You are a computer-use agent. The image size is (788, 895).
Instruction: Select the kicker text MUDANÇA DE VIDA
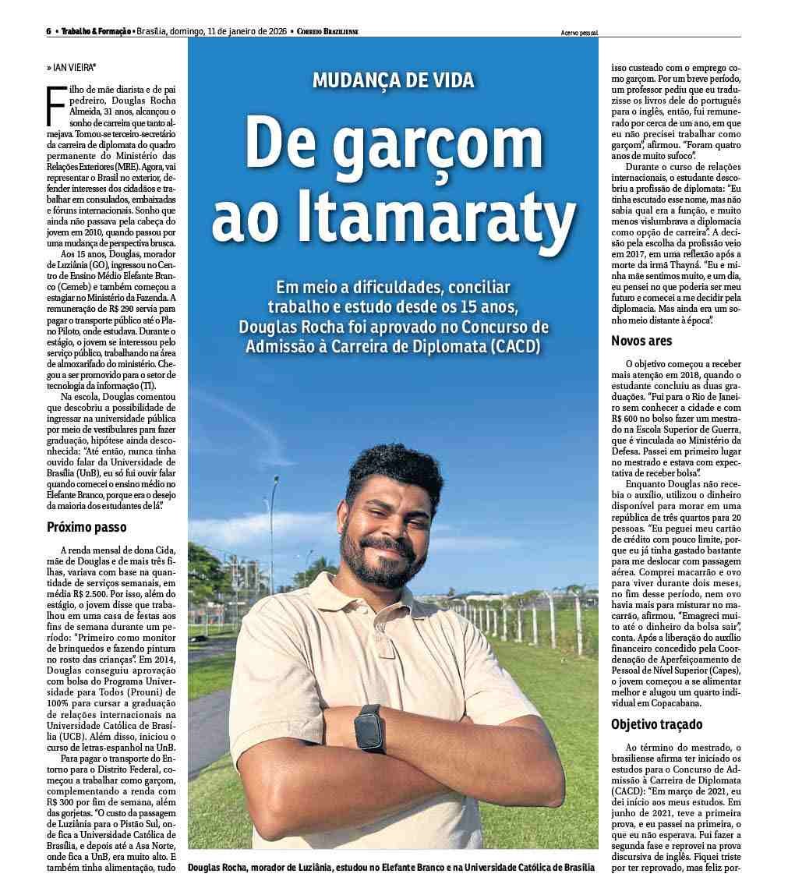pyautogui.click(x=393, y=80)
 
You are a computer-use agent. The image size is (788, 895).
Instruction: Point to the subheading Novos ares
pyautogui.click(x=641, y=341)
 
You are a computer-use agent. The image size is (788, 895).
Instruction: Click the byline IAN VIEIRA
pyautogui.click(x=75, y=68)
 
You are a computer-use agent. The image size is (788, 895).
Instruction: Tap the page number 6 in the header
pyautogui.click(x=48, y=32)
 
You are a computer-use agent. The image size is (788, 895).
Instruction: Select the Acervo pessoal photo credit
pyautogui.click(x=585, y=33)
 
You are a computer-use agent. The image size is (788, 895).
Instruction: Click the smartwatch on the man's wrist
pyautogui.click(x=369, y=729)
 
